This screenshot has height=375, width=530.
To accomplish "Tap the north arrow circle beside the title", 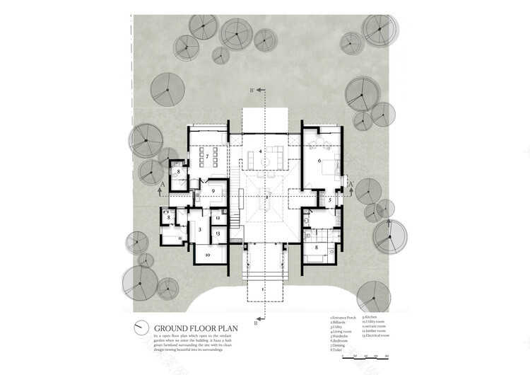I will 143,327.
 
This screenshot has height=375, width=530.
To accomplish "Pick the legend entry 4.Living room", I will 342,333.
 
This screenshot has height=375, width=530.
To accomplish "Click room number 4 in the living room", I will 260,151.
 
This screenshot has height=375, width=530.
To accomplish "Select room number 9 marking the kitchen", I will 213,190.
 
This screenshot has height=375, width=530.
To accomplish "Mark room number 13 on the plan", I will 218,233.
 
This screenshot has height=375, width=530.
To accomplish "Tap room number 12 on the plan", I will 218,219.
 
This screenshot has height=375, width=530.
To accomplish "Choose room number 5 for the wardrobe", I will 329,200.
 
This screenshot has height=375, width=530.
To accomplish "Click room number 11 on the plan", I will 181,238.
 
